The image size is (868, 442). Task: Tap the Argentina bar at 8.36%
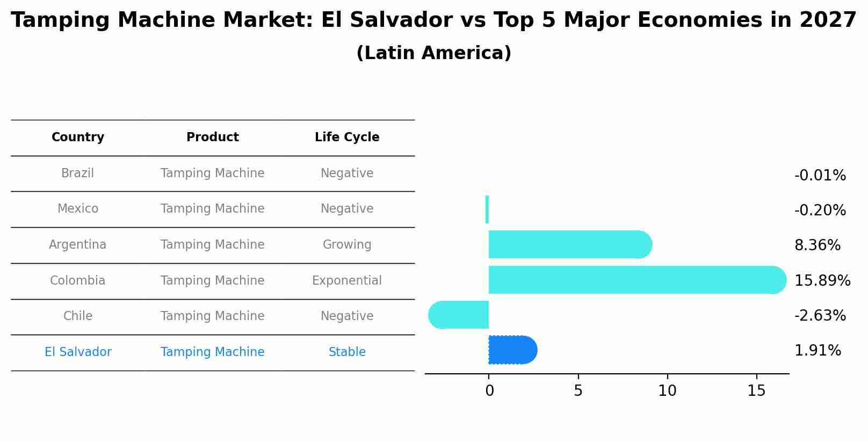tap(569, 244)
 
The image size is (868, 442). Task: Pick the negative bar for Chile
tap(459, 315)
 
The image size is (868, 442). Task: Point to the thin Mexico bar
tap(487, 209)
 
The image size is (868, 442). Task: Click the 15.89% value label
tap(822, 281)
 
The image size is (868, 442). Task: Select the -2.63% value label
tap(820, 316)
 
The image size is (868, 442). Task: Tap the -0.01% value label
tap(820, 176)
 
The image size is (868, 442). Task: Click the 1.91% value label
tap(818, 351)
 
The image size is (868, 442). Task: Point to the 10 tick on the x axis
tap(667, 391)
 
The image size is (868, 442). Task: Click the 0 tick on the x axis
tap(489, 391)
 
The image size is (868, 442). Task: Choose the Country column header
tap(78, 137)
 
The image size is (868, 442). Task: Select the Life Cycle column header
tap(347, 137)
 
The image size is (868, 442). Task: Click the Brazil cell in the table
tap(78, 173)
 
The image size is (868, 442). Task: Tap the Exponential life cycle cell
tap(347, 281)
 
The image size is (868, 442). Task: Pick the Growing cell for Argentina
tap(347, 245)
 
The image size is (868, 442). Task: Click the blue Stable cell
tap(347, 352)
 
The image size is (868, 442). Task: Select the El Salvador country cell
tap(78, 352)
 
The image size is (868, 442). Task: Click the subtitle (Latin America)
tap(433, 53)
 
